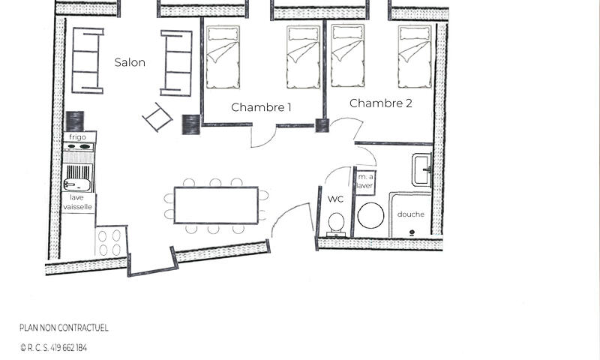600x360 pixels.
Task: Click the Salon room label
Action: (130, 62)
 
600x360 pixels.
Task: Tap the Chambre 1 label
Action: (261, 107)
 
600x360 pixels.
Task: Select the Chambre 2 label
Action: (381, 103)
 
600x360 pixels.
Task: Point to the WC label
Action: (335, 199)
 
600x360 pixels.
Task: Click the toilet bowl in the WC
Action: (336, 223)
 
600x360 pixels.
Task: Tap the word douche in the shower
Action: (410, 214)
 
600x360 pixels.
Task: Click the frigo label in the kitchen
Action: (77, 137)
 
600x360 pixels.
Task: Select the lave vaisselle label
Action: (78, 202)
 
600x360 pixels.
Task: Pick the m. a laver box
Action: (365, 181)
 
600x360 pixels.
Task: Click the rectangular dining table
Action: (216, 205)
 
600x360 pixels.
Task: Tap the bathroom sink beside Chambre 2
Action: (422, 170)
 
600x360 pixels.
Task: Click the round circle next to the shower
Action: (370, 215)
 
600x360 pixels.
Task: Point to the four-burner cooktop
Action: (109, 242)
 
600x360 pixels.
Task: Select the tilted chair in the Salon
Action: (157, 118)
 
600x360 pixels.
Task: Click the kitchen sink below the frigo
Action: (77, 184)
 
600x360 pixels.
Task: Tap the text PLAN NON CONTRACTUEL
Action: (64, 328)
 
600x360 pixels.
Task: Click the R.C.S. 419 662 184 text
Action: (53, 348)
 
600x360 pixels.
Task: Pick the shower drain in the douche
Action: (412, 232)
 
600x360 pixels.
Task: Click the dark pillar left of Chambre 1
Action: (191, 124)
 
